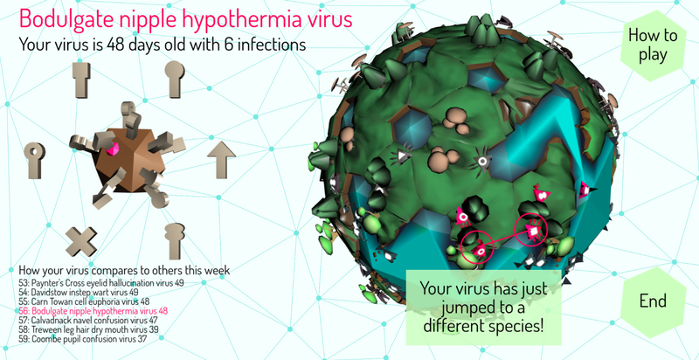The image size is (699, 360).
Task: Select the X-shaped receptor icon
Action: (x=81, y=240)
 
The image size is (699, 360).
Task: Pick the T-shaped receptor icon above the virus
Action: (x=81, y=80)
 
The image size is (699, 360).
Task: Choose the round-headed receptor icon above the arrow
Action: (x=176, y=83)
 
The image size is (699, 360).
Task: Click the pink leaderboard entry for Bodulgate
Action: (x=93, y=311)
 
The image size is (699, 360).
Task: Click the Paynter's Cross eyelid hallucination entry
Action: (x=100, y=283)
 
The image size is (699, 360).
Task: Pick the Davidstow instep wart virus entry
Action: (x=78, y=292)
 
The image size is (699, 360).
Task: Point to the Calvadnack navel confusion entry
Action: (x=89, y=321)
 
